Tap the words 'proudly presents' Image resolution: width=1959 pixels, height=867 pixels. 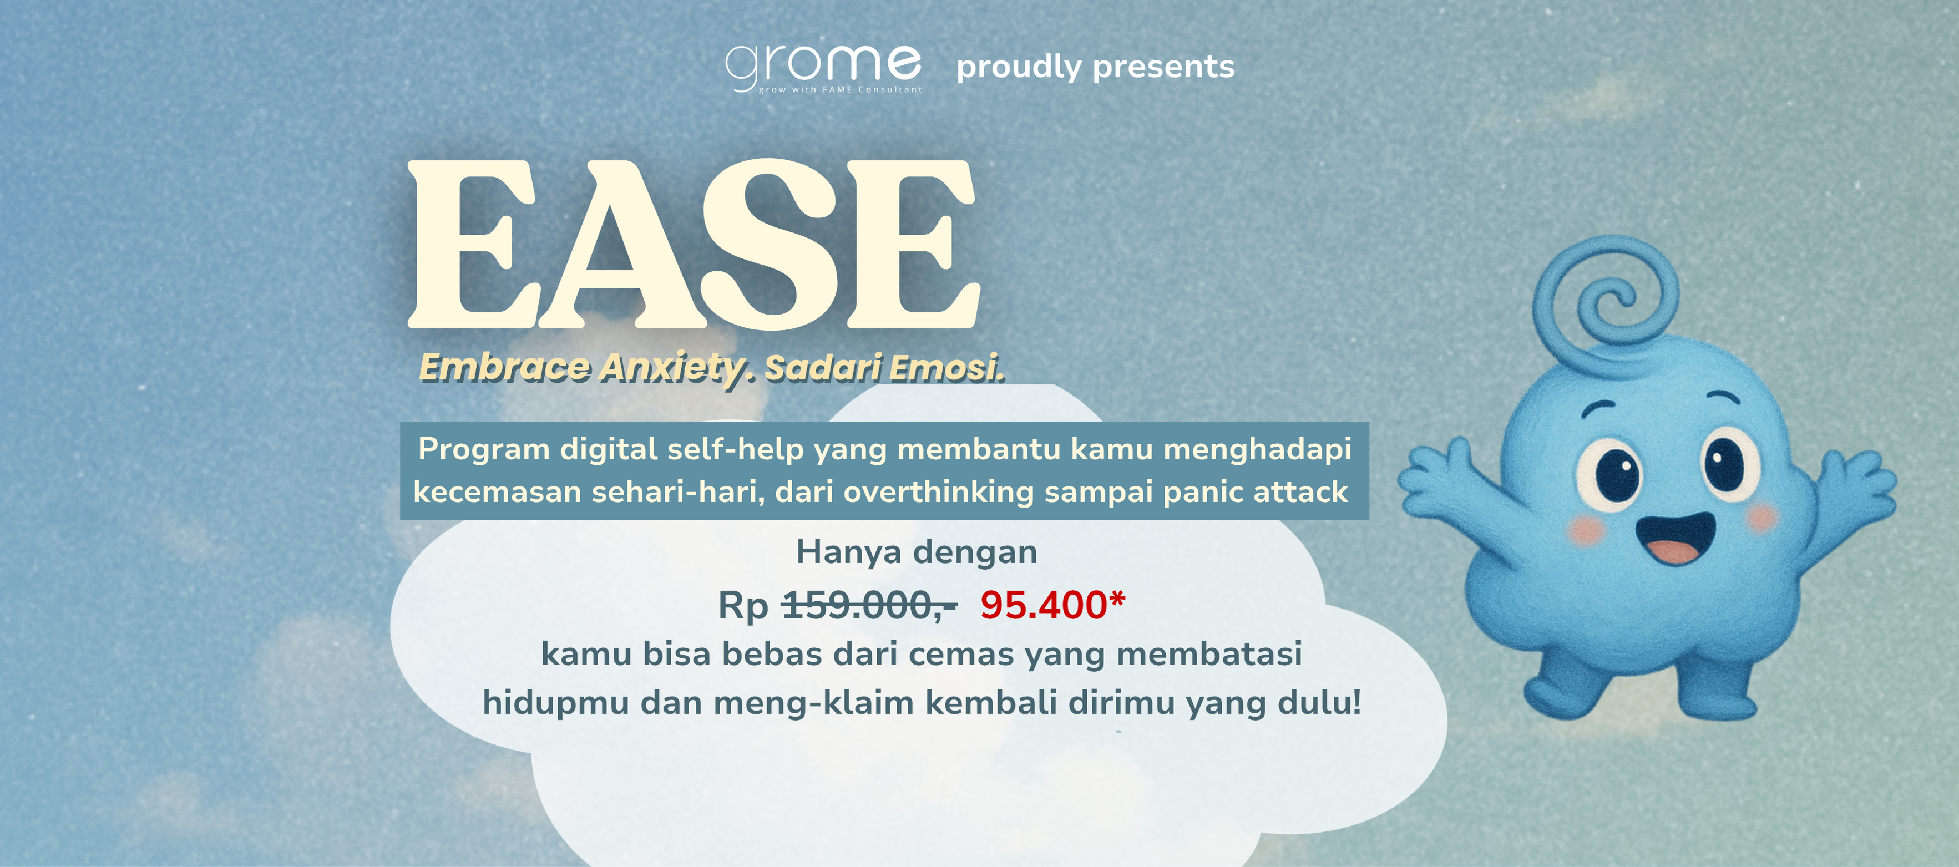tap(1095, 68)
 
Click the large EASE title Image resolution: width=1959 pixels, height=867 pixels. tap(694, 244)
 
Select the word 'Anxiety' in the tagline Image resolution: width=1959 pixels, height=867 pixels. tap(676, 369)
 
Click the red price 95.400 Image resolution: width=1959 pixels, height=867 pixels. tap(1052, 605)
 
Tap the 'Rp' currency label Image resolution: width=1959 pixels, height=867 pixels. tap(743, 606)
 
